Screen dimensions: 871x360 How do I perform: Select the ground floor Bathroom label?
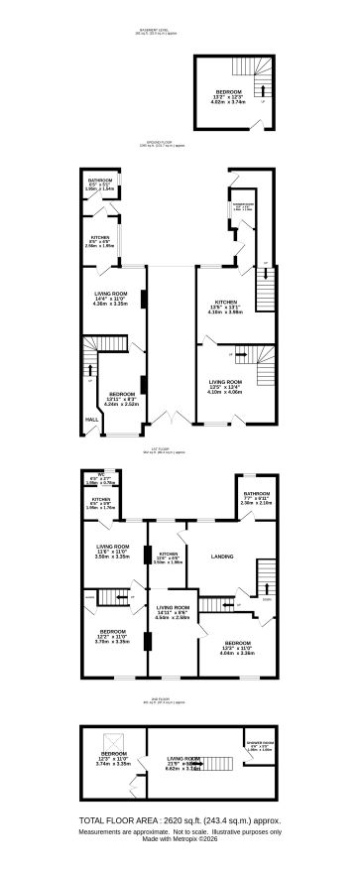click(x=99, y=182)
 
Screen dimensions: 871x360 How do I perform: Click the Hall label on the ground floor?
click(x=91, y=419)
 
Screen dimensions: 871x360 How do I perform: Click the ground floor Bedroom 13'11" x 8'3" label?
click(x=121, y=395)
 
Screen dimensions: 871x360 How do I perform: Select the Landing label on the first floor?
click(x=222, y=557)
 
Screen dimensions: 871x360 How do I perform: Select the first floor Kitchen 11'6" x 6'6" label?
click(x=169, y=555)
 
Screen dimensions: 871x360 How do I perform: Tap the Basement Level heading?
click(x=159, y=30)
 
